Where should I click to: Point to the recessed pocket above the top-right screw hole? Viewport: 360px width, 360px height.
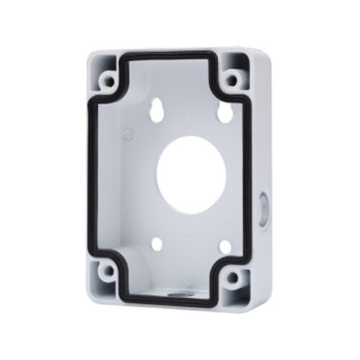point(236,59)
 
